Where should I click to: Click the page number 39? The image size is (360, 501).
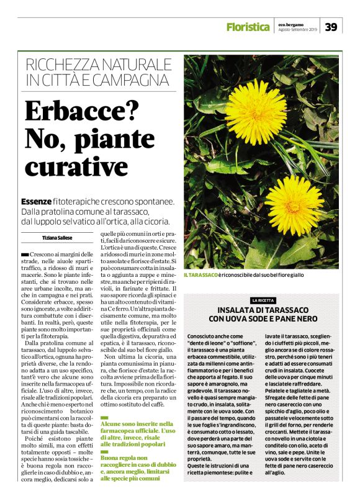331,27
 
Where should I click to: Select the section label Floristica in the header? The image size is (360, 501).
248,27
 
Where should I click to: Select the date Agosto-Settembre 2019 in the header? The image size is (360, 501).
297,29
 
